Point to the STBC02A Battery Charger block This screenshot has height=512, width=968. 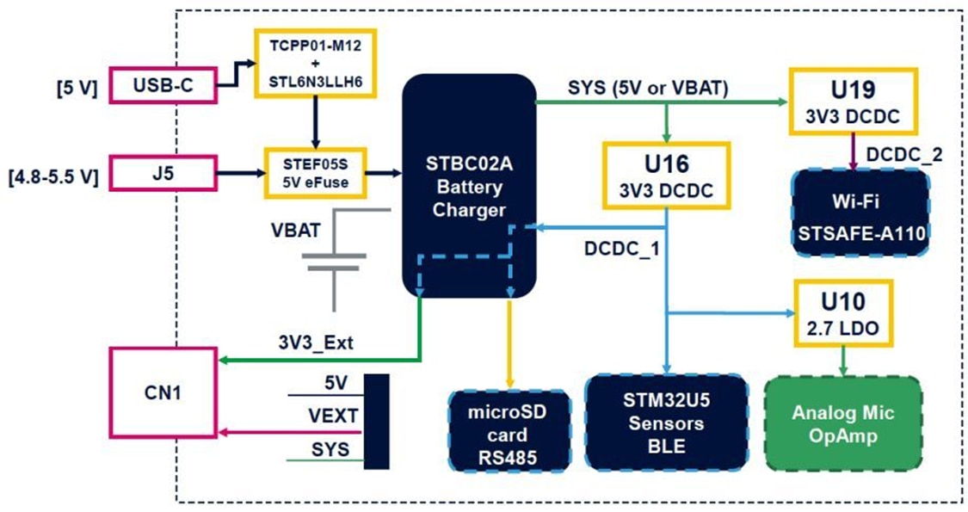point(470,185)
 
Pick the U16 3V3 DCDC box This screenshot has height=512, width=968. point(668,175)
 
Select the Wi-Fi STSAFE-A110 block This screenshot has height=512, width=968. point(860,213)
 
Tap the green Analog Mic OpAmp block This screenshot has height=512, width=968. point(843,423)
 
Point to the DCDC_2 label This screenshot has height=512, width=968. point(904,154)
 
